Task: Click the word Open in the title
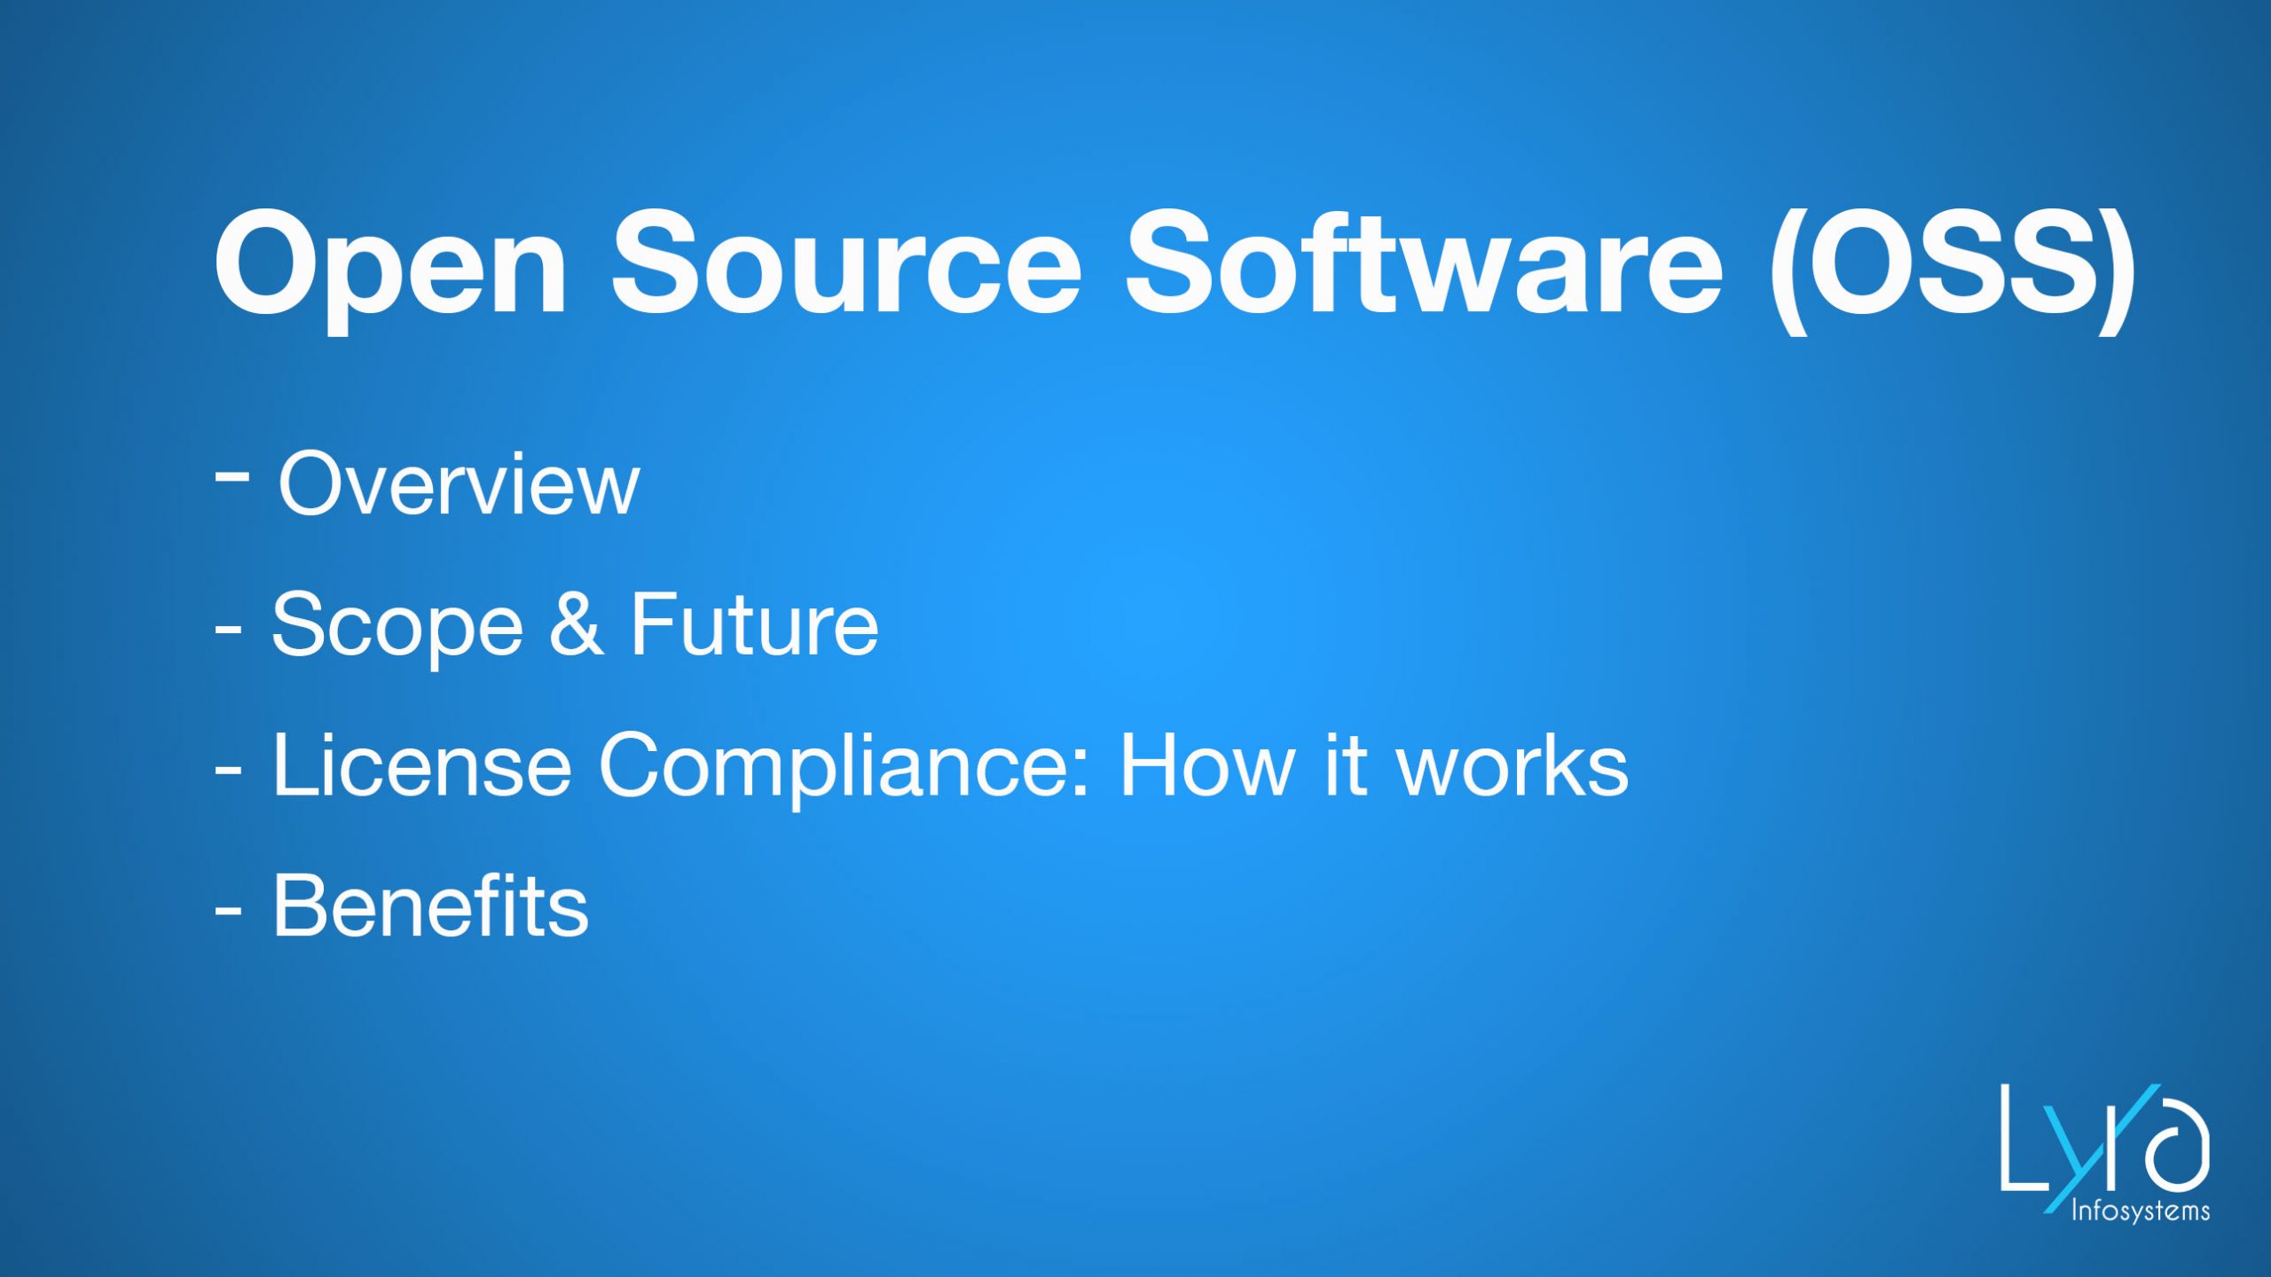pyautogui.click(x=390, y=266)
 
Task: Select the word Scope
pyautogui.click(x=397, y=628)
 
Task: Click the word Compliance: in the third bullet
pyautogui.click(x=843, y=767)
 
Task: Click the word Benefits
pyautogui.click(x=429, y=906)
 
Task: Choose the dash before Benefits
pyautogui.click(x=228, y=909)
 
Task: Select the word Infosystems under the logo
pyautogui.click(x=2140, y=1211)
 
